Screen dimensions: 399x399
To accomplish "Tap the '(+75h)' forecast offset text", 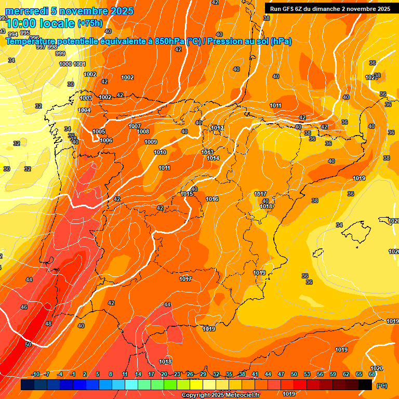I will [90, 23].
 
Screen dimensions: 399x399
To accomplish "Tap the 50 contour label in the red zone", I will [28, 344].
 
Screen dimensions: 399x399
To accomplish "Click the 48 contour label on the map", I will [48, 324].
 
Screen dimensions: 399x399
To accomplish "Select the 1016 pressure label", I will [212, 199].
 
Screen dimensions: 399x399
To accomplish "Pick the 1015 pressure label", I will [187, 194].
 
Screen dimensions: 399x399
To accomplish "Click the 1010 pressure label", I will [161, 152].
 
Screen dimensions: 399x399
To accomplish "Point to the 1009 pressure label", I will [151, 142].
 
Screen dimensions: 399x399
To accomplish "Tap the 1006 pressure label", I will [106, 140].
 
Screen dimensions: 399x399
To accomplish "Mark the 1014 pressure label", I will [213, 158].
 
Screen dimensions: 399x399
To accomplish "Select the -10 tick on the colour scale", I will [36, 375].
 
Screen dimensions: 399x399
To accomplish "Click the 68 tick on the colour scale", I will [371, 375].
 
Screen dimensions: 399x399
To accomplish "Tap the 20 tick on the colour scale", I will [164, 375].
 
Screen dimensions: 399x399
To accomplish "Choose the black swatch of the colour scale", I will [365, 384].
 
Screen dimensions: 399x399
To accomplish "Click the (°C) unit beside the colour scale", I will [381, 385].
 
